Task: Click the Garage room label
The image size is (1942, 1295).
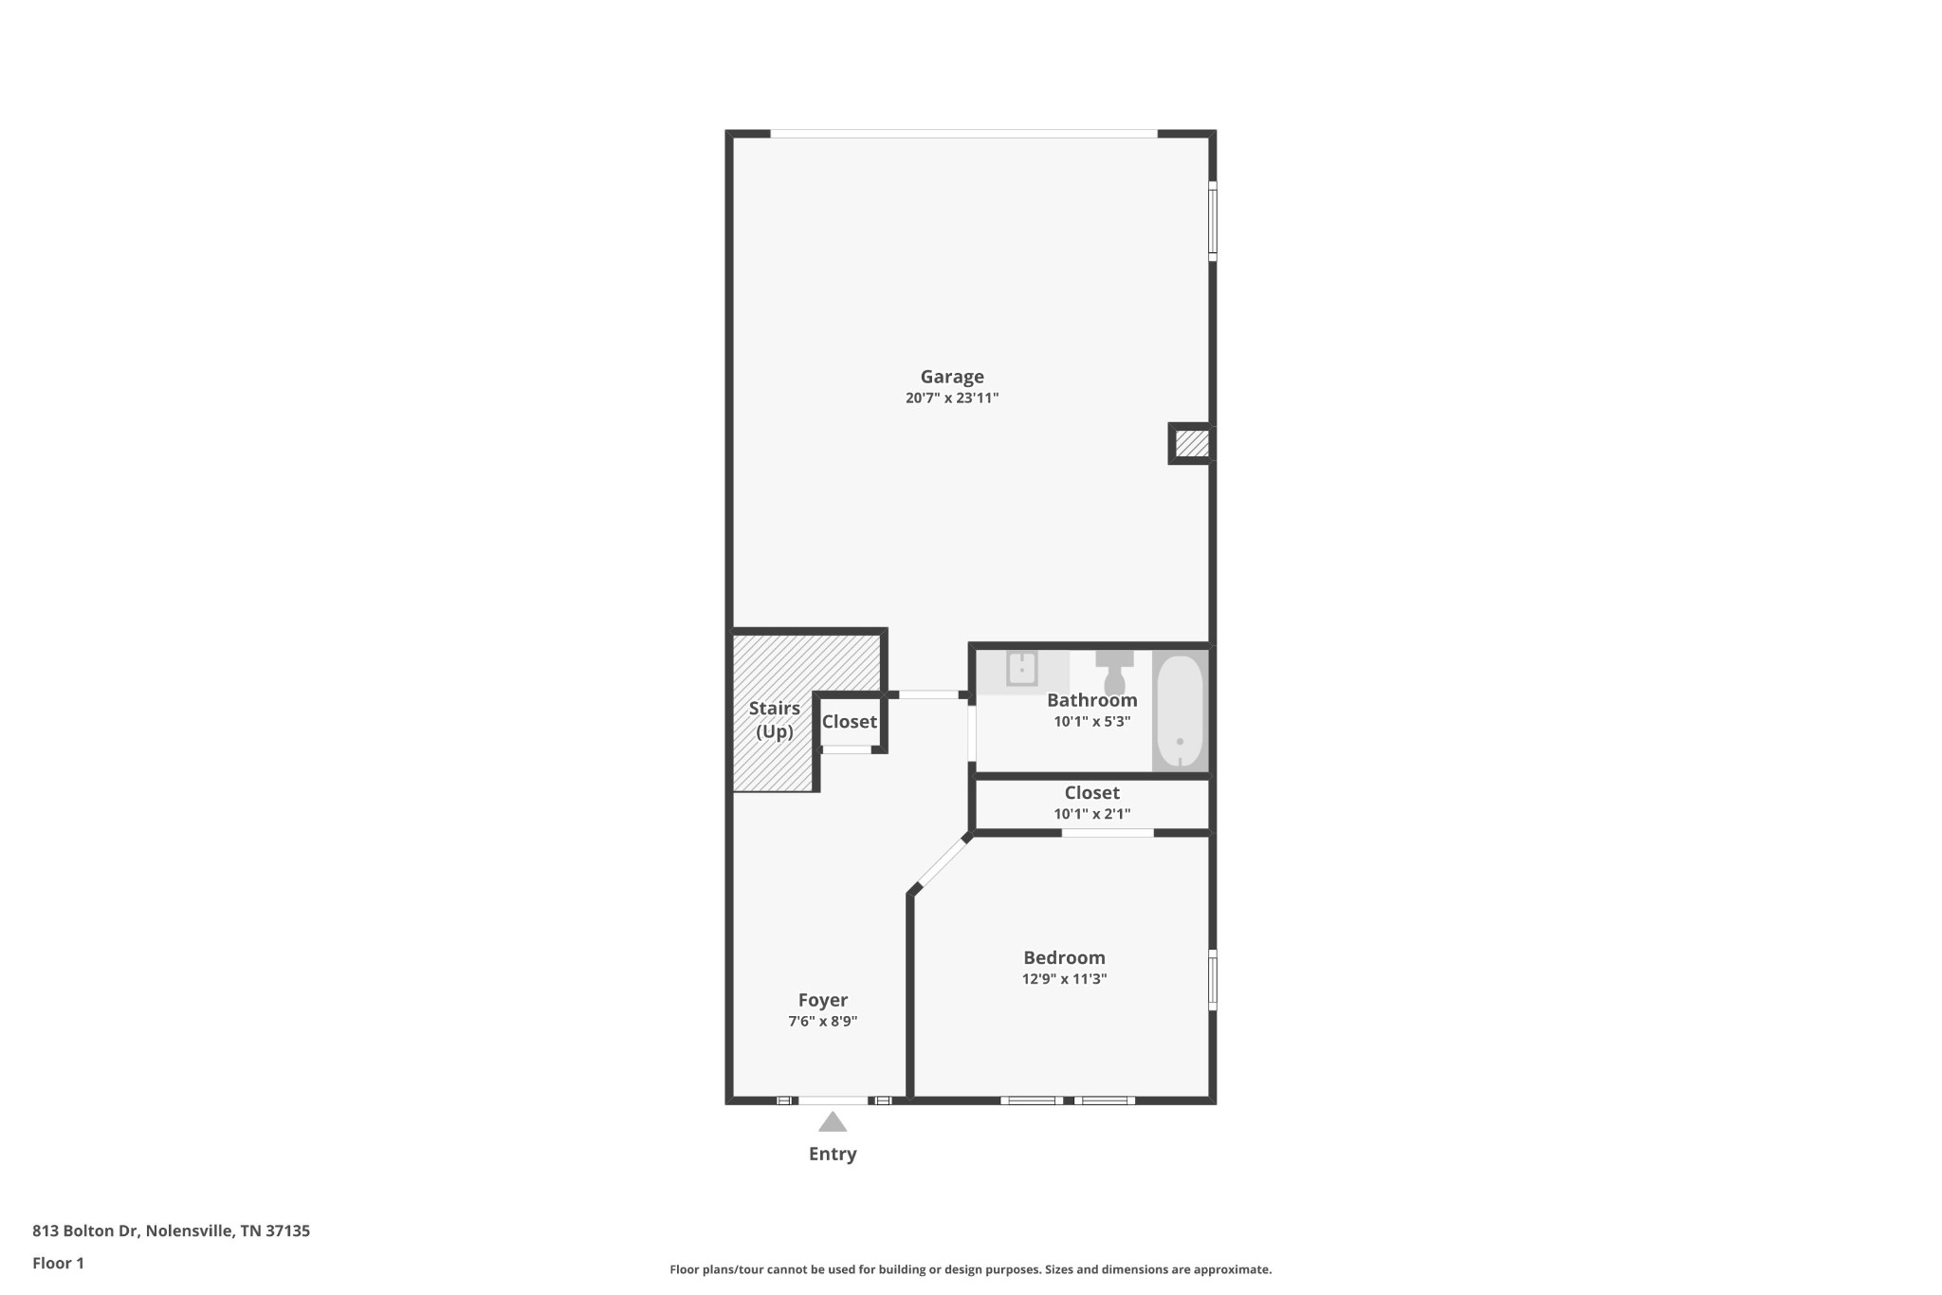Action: (952, 377)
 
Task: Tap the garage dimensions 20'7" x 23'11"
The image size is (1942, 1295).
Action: (952, 398)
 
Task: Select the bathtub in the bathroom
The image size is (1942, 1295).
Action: (1180, 711)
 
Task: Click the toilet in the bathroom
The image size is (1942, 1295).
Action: (1114, 671)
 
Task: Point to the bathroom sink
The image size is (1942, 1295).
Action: (1021, 669)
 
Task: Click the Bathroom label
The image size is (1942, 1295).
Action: (1091, 700)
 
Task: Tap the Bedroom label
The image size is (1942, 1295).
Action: (1064, 957)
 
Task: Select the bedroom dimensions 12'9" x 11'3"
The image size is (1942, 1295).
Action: (1064, 979)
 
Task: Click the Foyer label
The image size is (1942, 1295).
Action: (822, 1000)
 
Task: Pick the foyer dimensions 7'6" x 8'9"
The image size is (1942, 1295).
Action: (822, 1022)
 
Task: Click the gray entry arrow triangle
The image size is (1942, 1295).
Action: (833, 1122)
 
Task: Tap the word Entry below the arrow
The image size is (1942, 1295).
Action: (833, 1154)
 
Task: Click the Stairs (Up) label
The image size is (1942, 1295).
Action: (775, 720)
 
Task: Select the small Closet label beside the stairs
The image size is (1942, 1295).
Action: (849, 722)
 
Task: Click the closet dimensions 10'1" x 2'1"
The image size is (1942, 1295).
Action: (1091, 814)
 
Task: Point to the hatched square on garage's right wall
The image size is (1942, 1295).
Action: (1191, 443)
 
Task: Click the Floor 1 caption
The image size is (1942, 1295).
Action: (58, 1263)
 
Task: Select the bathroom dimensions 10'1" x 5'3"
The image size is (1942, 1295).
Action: (1091, 722)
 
